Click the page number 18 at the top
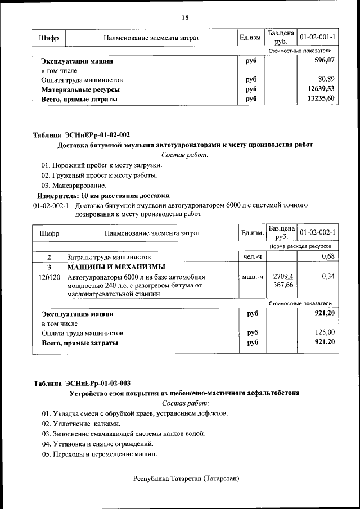184,17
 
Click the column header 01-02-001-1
318,38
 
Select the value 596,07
324,60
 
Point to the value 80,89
326,80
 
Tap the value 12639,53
321,89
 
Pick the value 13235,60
321,99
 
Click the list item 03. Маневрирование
73,185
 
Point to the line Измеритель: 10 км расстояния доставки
103,196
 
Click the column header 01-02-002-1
318,232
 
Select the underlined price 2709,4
283,276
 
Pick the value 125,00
325,332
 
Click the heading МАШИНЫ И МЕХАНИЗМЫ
116,267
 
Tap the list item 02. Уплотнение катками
81,423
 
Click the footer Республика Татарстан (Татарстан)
186,479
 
